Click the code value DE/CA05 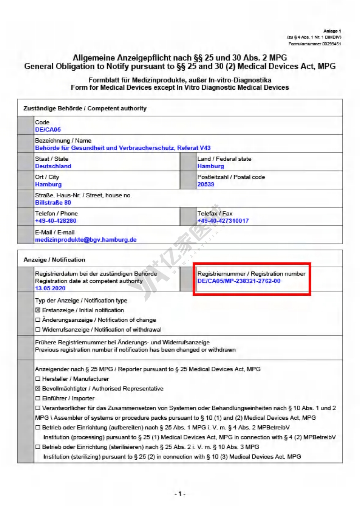48,130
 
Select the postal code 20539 206,184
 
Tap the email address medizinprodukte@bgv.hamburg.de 86,240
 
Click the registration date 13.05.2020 50,288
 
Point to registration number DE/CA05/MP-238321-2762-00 239,281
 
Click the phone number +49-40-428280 55,221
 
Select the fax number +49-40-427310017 223,221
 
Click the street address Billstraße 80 53,202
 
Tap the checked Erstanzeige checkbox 38,310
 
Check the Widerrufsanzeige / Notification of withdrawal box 38,330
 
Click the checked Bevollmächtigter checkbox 38,389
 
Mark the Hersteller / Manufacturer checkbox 38,379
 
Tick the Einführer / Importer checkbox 38,398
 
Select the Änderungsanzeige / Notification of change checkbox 38,320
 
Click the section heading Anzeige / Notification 54,260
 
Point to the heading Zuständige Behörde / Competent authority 85,108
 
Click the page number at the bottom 180,494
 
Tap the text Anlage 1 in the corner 332,31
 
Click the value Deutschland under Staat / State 53,166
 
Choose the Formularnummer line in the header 314,44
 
